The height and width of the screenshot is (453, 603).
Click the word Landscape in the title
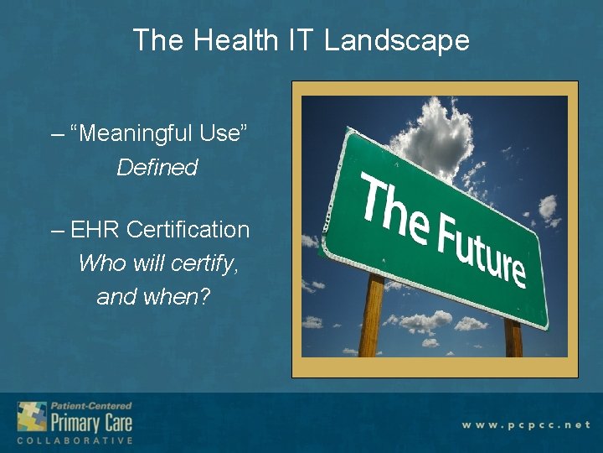[396, 40]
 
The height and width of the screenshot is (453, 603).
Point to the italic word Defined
[157, 168]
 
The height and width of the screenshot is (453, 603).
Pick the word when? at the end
[178, 297]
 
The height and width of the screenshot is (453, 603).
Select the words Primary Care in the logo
[92, 422]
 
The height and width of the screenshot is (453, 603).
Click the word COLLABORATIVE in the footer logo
[75, 440]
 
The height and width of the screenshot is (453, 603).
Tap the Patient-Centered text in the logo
[92, 406]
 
